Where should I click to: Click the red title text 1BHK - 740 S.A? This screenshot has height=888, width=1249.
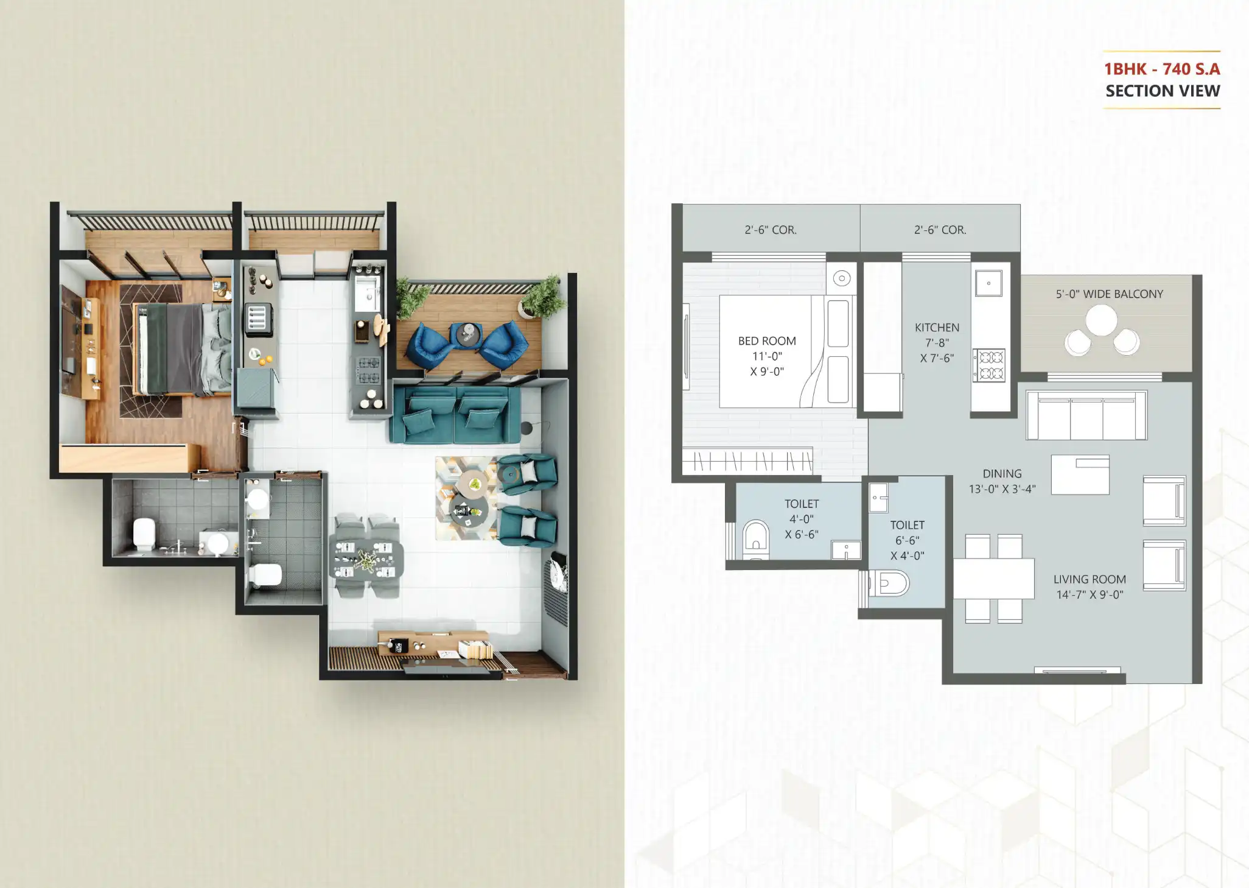pyautogui.click(x=1161, y=69)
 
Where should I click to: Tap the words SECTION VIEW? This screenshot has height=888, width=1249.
pyautogui.click(x=1162, y=91)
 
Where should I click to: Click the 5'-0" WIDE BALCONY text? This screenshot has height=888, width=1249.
pyautogui.click(x=1109, y=294)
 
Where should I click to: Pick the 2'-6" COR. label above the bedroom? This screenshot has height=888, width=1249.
pyautogui.click(x=770, y=230)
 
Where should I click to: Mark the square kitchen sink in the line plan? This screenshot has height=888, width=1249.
pyautogui.click(x=988, y=283)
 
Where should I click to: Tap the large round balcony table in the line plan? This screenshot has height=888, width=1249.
pyautogui.click(x=1101, y=320)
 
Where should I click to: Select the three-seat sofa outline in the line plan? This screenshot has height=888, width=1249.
pyautogui.click(x=1086, y=415)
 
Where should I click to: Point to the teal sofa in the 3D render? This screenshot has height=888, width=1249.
pyautogui.click(x=455, y=414)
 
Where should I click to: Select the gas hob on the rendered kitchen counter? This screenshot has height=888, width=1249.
pyautogui.click(x=368, y=370)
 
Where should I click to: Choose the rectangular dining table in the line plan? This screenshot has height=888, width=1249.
pyautogui.click(x=993, y=579)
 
